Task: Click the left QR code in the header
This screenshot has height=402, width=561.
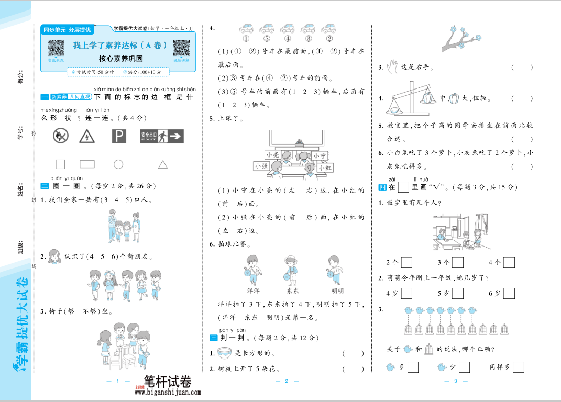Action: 56,48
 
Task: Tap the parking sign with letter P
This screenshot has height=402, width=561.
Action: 119,136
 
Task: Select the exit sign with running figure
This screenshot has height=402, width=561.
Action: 161,136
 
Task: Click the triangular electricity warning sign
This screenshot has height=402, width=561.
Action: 86,136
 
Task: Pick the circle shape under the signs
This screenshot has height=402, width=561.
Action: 118,164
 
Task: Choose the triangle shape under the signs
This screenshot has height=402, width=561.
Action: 163,165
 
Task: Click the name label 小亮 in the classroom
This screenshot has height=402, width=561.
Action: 272,155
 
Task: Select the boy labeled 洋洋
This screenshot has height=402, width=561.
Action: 253,270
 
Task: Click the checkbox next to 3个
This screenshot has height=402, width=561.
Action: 457,262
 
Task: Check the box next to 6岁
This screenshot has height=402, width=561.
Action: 509,293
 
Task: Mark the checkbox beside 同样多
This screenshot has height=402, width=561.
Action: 518,367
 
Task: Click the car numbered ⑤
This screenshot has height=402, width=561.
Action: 267,29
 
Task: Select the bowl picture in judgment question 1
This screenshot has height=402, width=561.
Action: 224,353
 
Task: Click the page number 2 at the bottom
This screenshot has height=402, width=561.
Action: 287,381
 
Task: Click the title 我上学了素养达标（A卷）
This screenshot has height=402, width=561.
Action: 120,46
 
